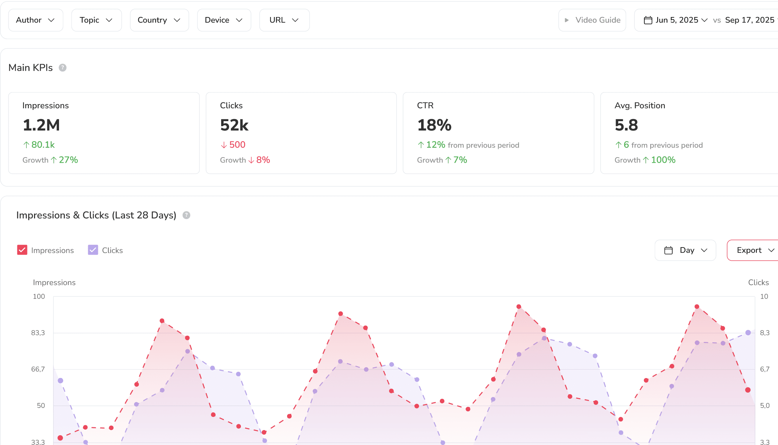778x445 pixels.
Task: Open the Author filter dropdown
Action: (x=35, y=20)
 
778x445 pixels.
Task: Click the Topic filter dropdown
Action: (x=96, y=20)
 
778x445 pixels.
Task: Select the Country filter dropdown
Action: (x=159, y=20)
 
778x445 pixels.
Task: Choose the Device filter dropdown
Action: (x=224, y=20)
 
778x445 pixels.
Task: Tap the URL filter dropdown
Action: (x=284, y=20)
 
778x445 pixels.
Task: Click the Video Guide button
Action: (x=592, y=20)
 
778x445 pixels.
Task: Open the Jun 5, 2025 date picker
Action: (x=675, y=20)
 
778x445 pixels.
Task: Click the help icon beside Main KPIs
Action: (x=62, y=68)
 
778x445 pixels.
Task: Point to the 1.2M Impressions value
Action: (x=41, y=125)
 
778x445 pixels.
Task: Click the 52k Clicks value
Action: (x=234, y=125)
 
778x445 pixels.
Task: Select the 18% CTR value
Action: (x=434, y=125)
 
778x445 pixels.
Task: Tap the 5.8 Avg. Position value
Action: (x=626, y=125)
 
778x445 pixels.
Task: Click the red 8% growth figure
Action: (x=263, y=160)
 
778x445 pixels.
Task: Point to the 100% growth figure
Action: (x=663, y=160)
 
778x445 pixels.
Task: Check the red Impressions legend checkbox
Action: (x=22, y=250)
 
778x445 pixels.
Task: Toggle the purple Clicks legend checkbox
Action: (x=93, y=250)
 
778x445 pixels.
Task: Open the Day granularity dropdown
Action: (x=685, y=250)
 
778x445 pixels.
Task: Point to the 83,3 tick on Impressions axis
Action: (x=38, y=333)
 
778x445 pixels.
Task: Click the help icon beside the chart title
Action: (x=186, y=215)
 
